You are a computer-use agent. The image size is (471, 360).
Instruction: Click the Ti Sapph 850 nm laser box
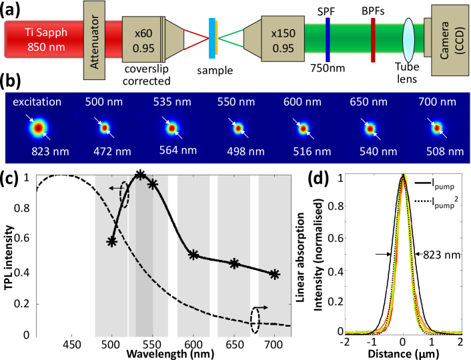click(x=40, y=41)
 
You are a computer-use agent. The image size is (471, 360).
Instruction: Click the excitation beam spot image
click(x=39, y=127)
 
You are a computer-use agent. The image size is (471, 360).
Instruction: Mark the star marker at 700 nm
click(x=274, y=274)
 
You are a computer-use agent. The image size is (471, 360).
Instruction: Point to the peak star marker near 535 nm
click(x=140, y=175)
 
